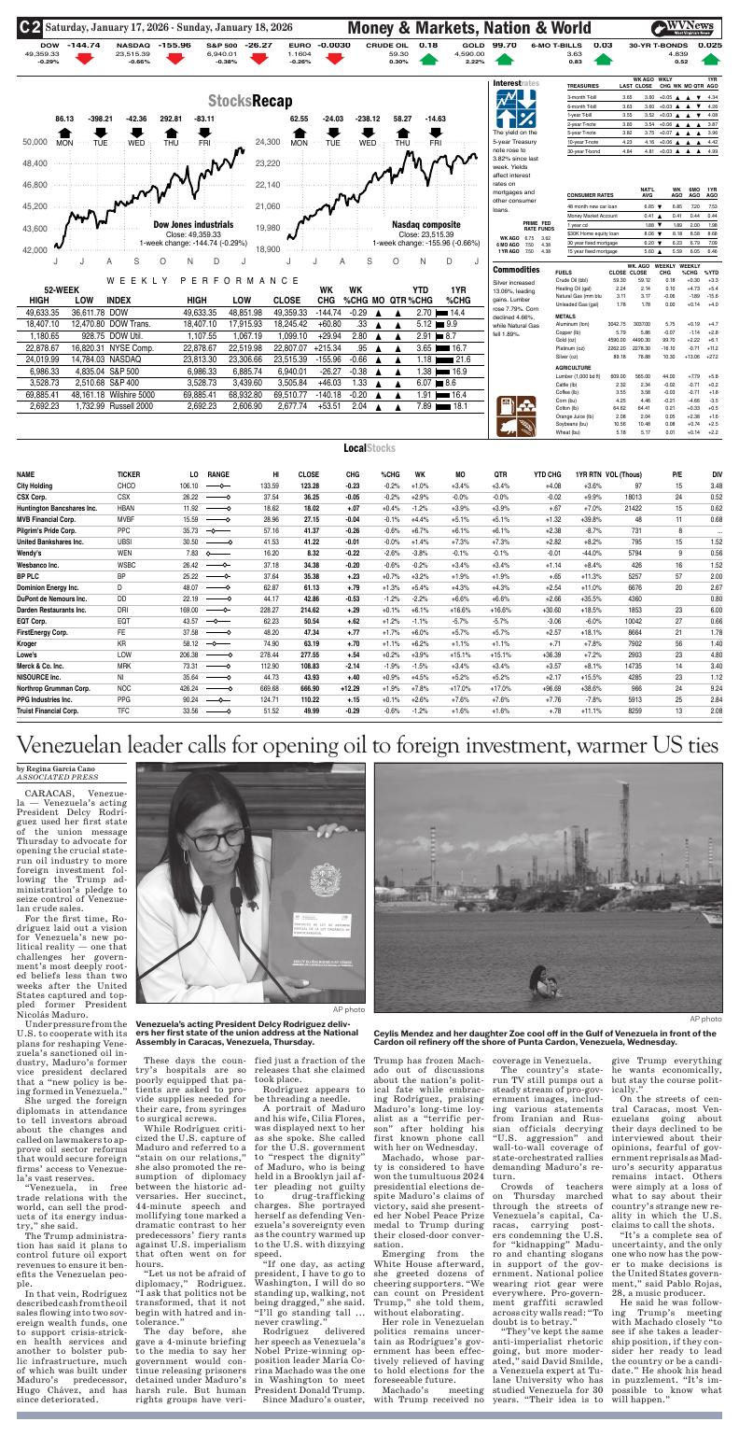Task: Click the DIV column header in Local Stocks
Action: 717,473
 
